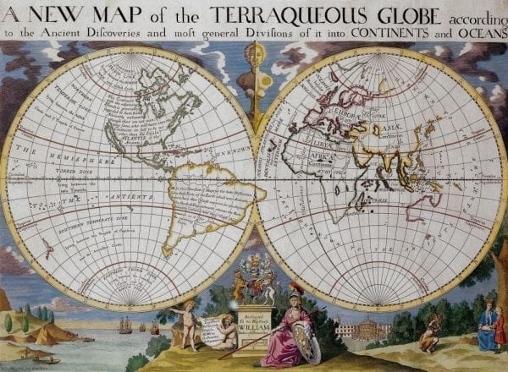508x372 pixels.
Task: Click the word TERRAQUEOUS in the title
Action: pyautogui.click(x=279, y=14)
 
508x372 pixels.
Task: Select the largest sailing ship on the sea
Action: pyautogui.click(x=124, y=325)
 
